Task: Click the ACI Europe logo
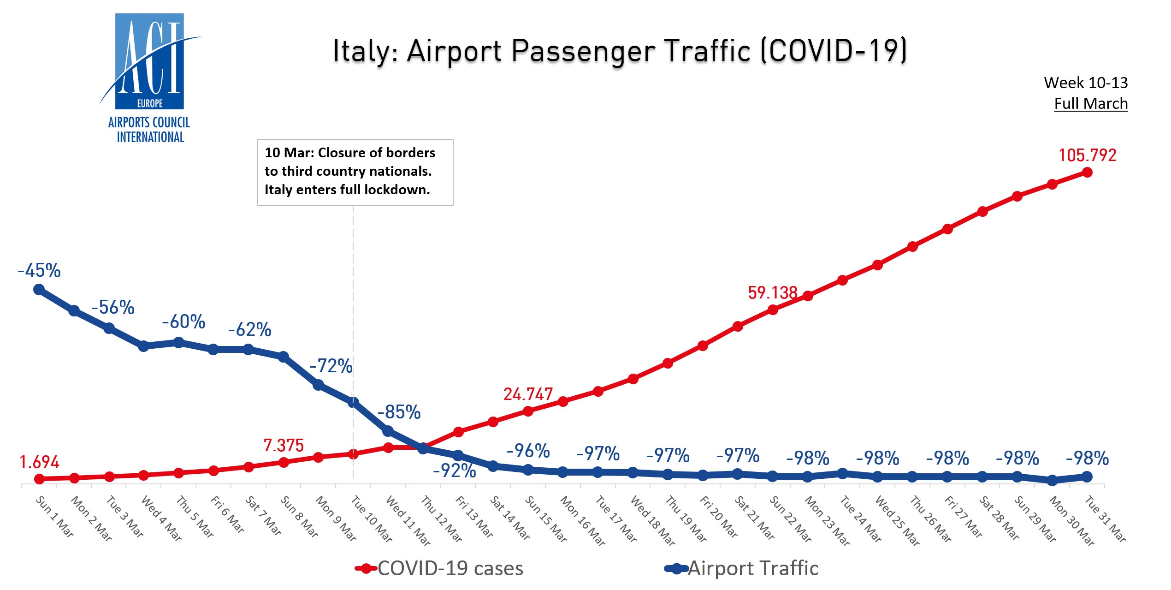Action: pos(149,78)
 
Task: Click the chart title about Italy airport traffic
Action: pos(620,51)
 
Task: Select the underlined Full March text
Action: pos(1090,104)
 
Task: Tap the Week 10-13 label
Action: pos(1085,83)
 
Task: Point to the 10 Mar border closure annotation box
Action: pos(355,172)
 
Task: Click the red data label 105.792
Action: pos(1087,155)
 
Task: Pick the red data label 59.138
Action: pos(772,293)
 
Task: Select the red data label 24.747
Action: pos(528,394)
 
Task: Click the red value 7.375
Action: pos(284,446)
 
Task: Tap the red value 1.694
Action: pos(39,462)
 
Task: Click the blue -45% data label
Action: pos(39,271)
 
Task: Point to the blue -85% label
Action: pos(399,412)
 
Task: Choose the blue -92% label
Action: pos(454,471)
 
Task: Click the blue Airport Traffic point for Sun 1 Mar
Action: pos(39,290)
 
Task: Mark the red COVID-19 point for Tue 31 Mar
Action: pos(1087,173)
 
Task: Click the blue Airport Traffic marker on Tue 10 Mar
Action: pos(353,402)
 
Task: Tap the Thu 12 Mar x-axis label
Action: pos(441,519)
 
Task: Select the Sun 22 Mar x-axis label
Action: pos(790,519)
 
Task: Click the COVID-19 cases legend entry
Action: pos(440,569)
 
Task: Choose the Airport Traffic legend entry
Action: pos(742,569)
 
